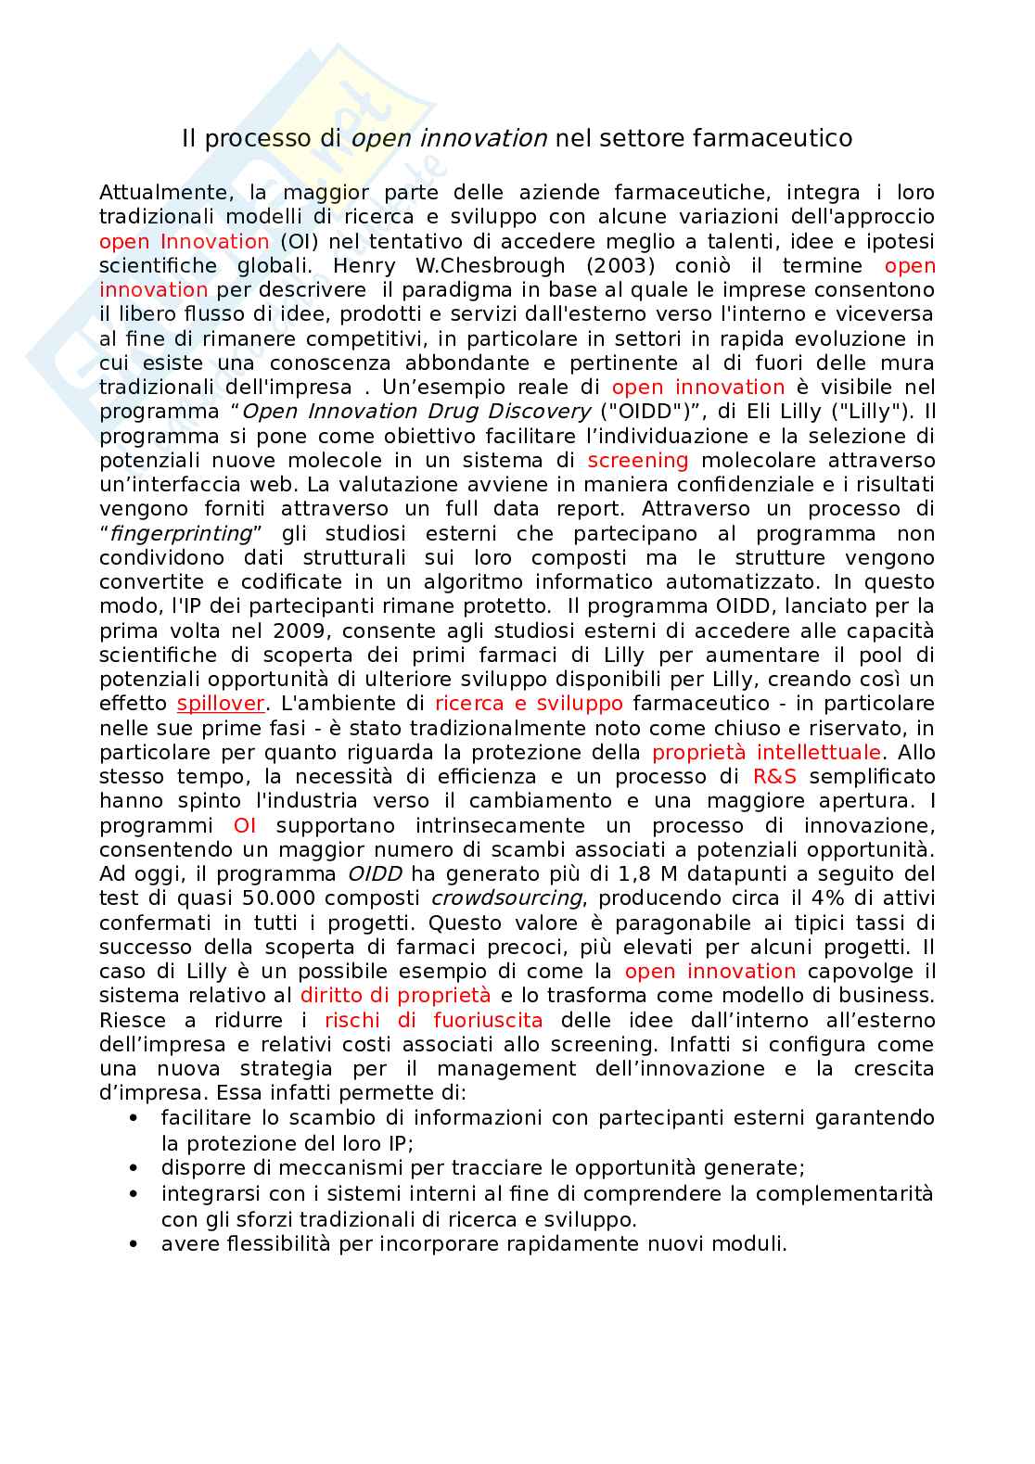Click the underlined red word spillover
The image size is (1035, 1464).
point(221,704)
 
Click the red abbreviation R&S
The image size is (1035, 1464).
point(773,777)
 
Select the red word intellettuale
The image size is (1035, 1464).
point(819,752)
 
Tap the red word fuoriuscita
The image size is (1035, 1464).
point(483,1020)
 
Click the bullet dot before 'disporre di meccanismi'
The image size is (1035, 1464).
point(136,1168)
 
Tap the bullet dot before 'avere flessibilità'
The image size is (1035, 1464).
point(136,1244)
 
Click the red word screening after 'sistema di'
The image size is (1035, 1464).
point(638,461)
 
